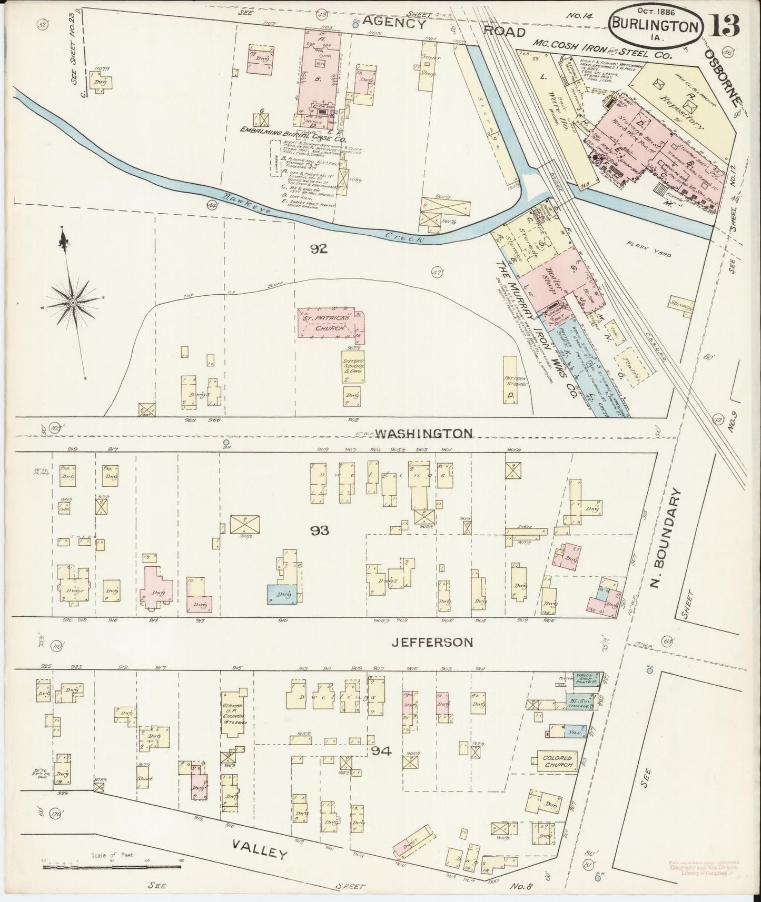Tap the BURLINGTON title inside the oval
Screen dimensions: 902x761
pos(656,26)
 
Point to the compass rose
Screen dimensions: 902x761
pos(72,303)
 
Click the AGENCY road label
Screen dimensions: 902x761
pos(394,23)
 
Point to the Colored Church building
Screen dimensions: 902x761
pos(558,761)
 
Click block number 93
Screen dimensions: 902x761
pos(320,530)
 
